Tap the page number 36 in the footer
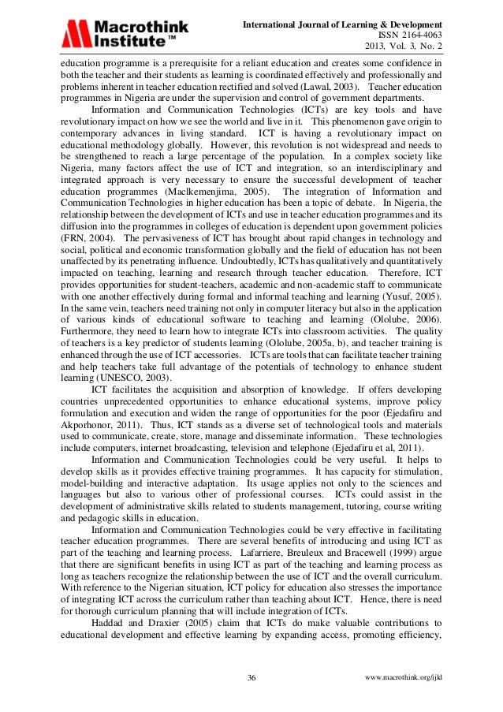(252, 678)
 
